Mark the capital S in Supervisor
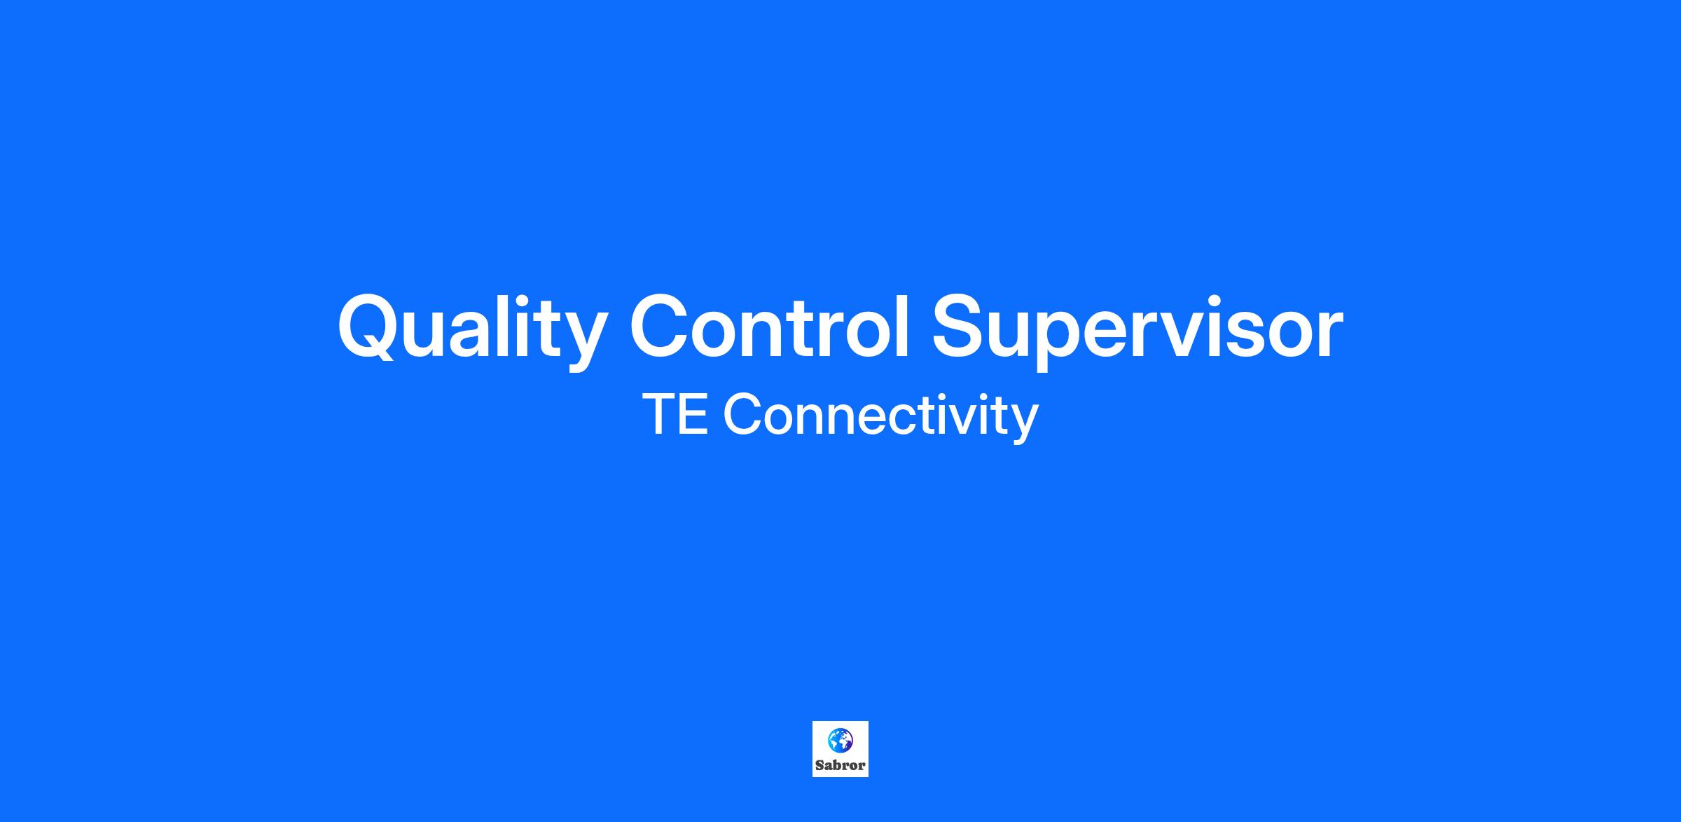(x=960, y=327)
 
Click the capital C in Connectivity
(x=742, y=414)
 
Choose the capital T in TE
(x=658, y=414)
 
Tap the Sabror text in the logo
(x=840, y=765)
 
